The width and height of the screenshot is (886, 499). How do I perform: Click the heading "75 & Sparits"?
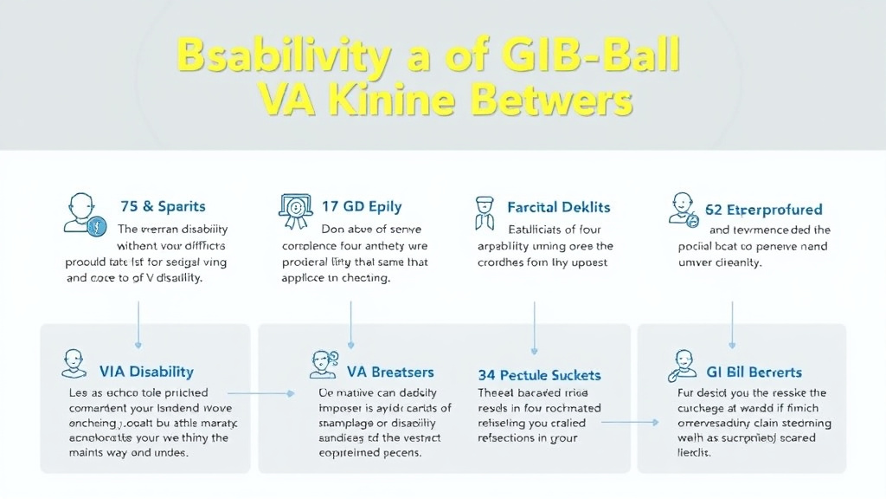tap(162, 206)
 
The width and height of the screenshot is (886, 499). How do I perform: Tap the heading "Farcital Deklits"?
tap(559, 207)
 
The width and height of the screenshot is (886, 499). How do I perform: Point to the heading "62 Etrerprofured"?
tap(765, 210)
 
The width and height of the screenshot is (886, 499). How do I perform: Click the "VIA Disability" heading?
tap(146, 372)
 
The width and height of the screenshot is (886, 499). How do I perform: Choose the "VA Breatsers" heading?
tap(390, 372)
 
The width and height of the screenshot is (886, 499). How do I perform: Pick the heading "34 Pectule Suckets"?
tap(539, 375)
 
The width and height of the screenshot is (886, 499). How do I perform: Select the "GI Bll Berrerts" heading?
tap(754, 373)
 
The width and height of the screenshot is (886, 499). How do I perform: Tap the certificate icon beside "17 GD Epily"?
tap(295, 211)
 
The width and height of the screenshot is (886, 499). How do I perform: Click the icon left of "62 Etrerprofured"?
tap(684, 211)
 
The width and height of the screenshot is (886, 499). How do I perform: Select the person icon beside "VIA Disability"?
tap(74, 363)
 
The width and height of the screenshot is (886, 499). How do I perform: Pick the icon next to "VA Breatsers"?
tap(323, 363)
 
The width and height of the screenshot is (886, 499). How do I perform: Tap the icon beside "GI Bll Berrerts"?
tap(684, 365)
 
